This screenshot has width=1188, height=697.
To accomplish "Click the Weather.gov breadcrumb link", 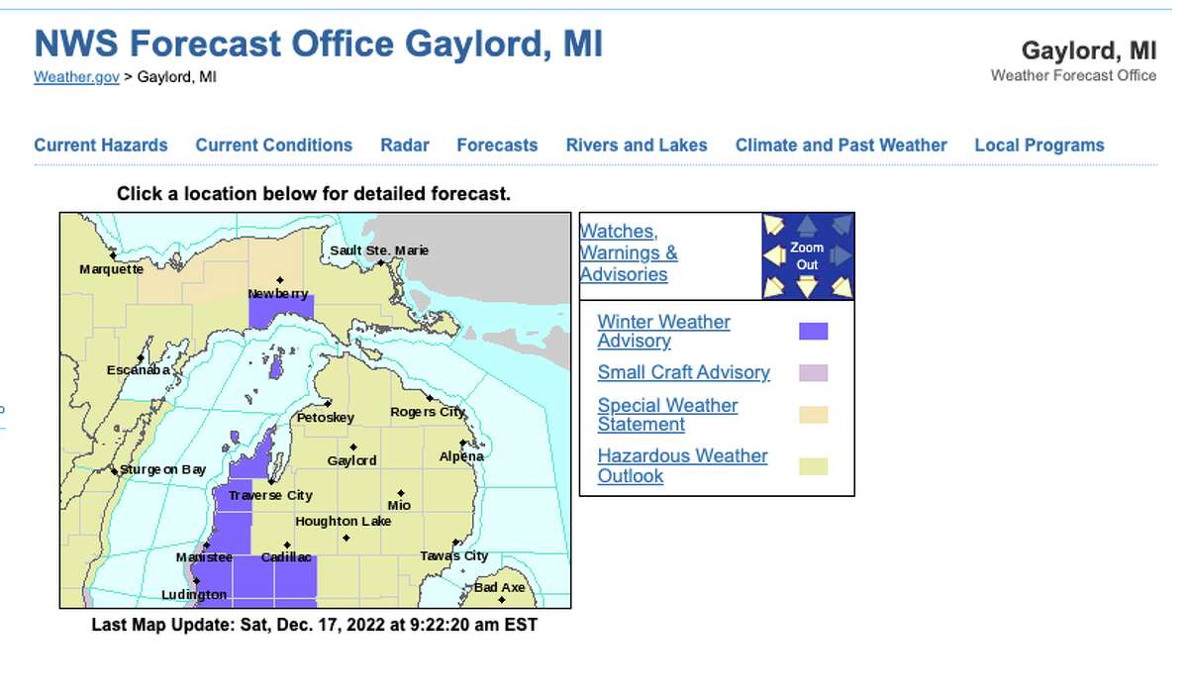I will [76, 77].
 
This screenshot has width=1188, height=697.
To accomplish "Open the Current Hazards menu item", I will [101, 146].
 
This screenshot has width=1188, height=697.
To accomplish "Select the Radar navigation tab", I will [405, 146].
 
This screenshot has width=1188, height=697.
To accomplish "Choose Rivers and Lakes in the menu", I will [637, 146].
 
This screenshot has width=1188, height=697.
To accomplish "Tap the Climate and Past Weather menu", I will [841, 146].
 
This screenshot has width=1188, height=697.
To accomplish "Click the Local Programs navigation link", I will [1039, 146].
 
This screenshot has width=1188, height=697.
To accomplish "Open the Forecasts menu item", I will [497, 146].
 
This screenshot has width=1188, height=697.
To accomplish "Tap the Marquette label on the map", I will [111, 269].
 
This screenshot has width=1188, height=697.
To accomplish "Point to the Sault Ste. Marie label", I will [379, 250].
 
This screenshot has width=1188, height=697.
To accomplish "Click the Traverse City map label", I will [270, 495].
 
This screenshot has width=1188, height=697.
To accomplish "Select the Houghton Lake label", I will [343, 522].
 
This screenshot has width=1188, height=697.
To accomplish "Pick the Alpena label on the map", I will [461, 456].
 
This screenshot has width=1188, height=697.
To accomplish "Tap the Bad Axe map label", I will [499, 587].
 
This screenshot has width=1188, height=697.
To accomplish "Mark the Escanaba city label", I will [139, 370].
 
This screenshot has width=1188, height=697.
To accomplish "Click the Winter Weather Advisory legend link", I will [663, 331].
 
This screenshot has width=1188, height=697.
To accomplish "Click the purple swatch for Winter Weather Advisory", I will [813, 332].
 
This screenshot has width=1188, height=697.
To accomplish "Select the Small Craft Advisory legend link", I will [683, 372].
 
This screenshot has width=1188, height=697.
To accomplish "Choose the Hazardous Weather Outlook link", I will [682, 465].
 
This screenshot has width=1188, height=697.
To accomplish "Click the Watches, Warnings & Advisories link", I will [629, 252].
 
